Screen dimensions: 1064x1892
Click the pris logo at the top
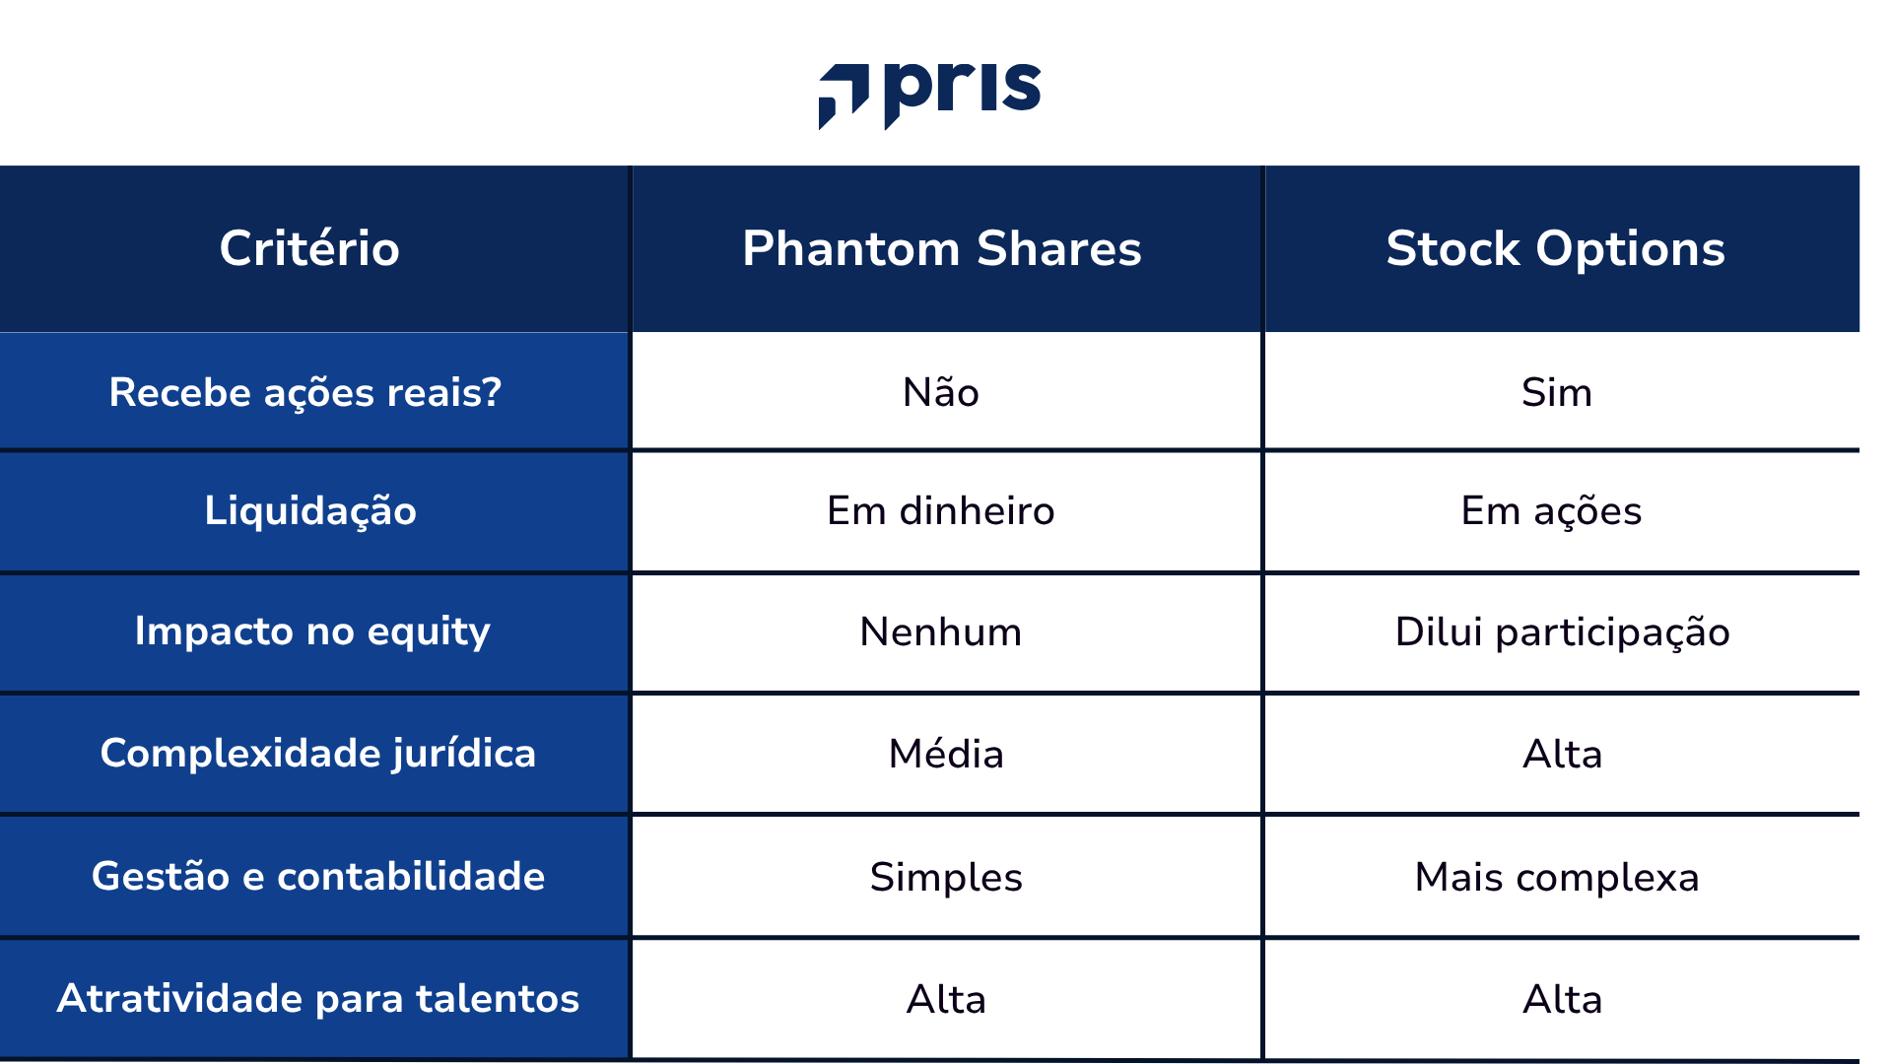[930, 93]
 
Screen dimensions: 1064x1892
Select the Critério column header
[309, 248]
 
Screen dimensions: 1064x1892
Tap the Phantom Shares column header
[942, 248]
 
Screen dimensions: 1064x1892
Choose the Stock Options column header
[1555, 248]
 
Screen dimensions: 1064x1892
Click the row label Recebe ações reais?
[305, 392]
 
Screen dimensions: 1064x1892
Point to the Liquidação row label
[310, 510]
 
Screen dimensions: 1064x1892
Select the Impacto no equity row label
[312, 631]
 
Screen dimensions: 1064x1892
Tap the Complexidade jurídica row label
[317, 753]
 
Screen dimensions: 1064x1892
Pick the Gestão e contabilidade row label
[317, 876]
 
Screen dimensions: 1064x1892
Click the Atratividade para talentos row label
[317, 998]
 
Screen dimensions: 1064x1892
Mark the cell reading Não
[941, 392]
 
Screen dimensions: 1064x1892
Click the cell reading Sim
[1556, 392]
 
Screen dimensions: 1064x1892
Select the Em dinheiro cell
[941, 510]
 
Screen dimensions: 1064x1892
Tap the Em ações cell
[1551, 510]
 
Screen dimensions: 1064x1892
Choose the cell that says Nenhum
[941, 632]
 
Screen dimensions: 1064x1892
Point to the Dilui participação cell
[1562, 632]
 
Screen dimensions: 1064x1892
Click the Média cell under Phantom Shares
[946, 754]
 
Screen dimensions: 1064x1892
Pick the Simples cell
[946, 877]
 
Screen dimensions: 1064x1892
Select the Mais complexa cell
[1557, 877]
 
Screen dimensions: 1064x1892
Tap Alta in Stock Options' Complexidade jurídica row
[1562, 754]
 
